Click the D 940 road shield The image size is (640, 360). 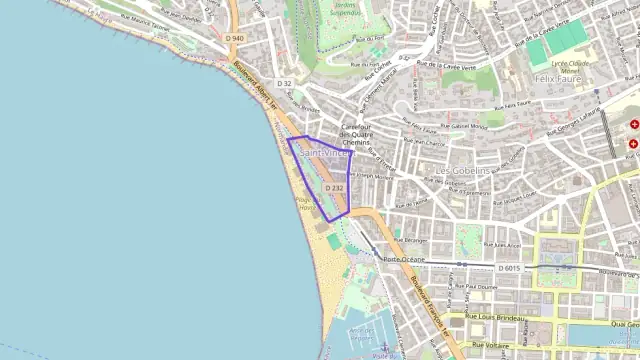tap(234, 38)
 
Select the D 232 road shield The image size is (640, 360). tap(335, 187)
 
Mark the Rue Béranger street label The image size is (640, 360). tap(410, 240)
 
